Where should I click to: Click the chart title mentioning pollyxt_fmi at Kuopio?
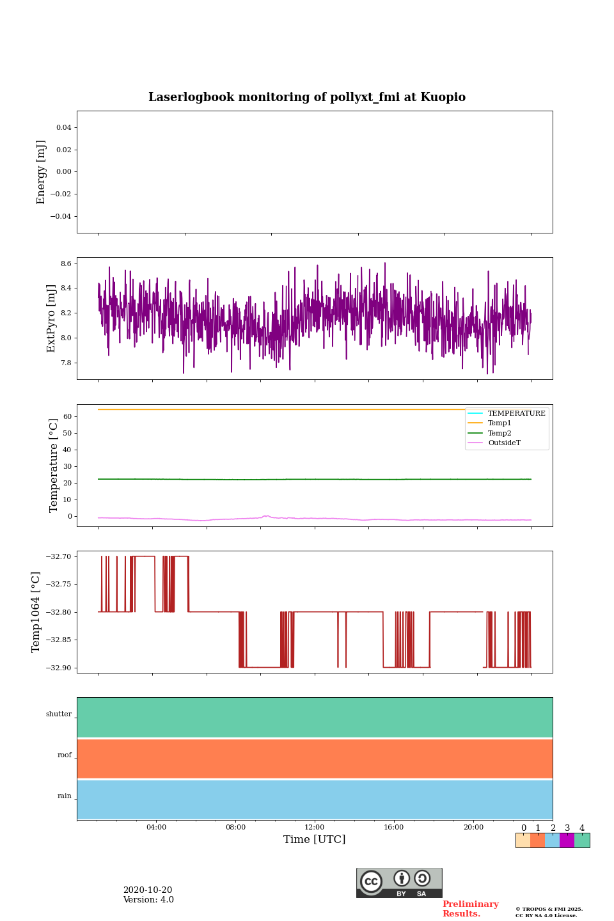click(x=307, y=97)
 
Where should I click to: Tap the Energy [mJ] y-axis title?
click(x=42, y=172)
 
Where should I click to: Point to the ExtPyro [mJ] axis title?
click(x=52, y=319)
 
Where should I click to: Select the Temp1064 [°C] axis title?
click(x=36, y=612)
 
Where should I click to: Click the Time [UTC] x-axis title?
click(x=314, y=839)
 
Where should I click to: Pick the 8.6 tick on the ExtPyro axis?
click(x=65, y=264)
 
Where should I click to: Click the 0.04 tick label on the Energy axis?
click(x=63, y=128)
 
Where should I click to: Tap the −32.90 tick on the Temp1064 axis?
click(x=58, y=668)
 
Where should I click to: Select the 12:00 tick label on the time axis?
click(x=314, y=828)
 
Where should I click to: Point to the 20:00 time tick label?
click(x=473, y=828)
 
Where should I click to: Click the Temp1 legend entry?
click(x=500, y=423)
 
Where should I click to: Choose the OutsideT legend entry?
click(x=504, y=443)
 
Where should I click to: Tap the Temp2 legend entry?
click(x=500, y=434)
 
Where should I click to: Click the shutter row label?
click(x=59, y=714)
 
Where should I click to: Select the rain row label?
click(x=65, y=796)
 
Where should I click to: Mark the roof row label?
click(x=65, y=755)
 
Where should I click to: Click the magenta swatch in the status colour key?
click(x=567, y=840)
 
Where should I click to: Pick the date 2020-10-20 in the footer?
click(x=148, y=890)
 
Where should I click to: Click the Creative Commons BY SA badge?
click(x=399, y=883)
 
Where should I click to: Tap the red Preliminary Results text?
click(x=470, y=909)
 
